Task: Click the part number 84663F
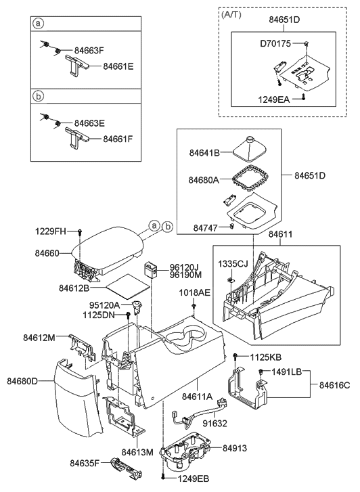89,50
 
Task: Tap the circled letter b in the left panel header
38,96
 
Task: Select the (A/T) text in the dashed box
231,14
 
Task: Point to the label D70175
275,43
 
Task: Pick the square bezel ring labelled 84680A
250,178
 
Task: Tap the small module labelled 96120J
151,269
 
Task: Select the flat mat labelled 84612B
128,286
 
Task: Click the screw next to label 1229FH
79,232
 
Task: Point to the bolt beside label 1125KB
235,356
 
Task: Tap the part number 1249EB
194,478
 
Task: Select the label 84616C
334,384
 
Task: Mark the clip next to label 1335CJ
230,279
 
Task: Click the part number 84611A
198,397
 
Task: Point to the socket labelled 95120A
137,307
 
